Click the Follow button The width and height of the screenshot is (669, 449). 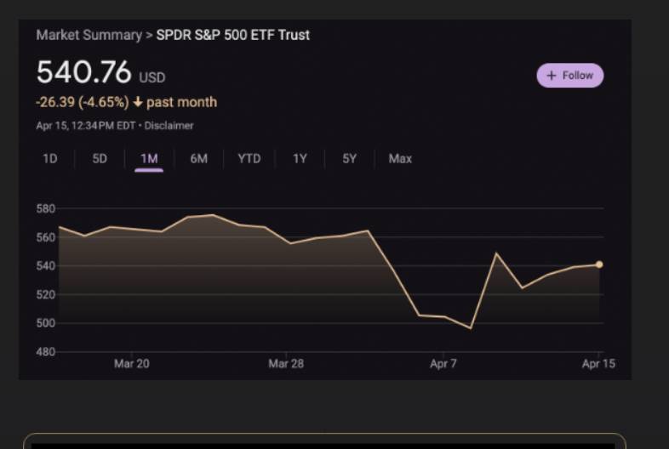570,76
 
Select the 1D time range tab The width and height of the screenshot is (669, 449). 50,158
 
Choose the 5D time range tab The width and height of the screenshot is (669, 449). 100,158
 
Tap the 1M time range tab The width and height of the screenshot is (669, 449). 149,158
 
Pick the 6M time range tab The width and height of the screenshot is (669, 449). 198,158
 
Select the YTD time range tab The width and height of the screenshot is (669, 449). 249,158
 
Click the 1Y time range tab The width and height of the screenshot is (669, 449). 300,158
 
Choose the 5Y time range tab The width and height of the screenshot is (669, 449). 349,158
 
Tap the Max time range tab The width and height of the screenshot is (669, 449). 400,158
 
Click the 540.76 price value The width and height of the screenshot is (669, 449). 83,73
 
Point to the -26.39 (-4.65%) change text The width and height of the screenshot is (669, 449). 83,102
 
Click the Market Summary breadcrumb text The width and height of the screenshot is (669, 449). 89,35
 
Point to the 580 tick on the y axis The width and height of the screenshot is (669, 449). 45,208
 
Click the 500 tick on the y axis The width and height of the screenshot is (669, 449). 45,323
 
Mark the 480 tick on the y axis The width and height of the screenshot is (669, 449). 45,351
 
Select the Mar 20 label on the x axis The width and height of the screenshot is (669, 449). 132,364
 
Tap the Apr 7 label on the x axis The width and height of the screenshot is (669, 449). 443,364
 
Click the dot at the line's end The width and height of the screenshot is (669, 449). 599,264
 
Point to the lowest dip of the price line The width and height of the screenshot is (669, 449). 471,328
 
